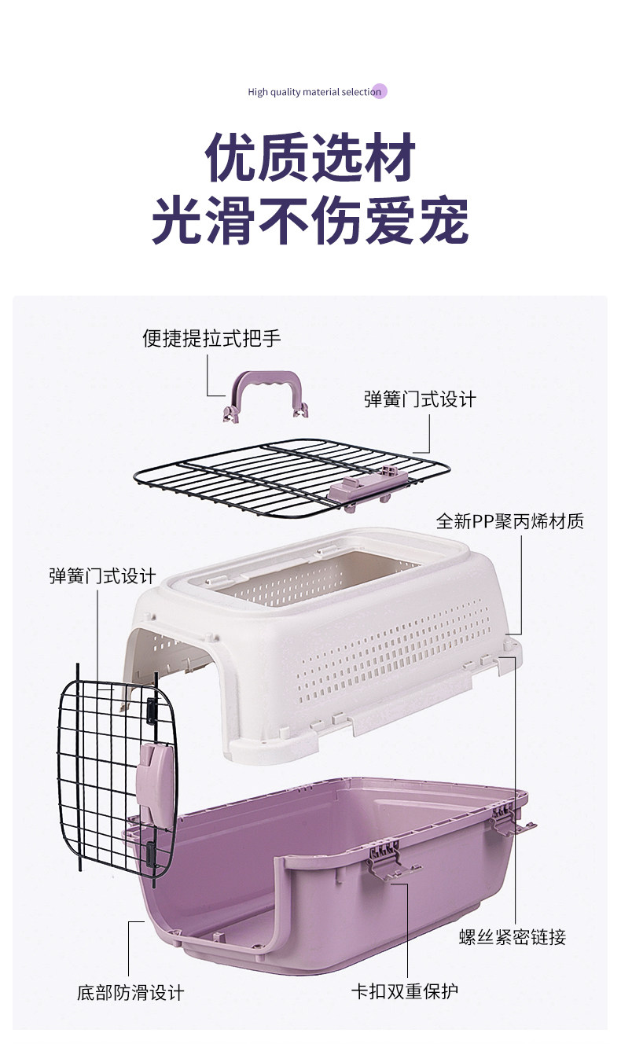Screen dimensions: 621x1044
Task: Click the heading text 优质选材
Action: coord(310,158)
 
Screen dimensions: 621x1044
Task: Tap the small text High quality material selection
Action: coord(314,92)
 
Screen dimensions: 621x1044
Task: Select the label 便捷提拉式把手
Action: coord(211,338)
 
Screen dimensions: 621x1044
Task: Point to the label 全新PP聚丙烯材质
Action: coord(510,521)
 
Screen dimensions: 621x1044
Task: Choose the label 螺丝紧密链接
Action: coord(512,937)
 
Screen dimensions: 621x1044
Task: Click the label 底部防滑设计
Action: coord(130,993)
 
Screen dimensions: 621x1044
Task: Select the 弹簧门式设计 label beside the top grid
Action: coord(420,399)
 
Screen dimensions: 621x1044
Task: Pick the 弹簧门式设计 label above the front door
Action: coord(102,575)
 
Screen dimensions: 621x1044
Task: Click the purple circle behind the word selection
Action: coord(380,91)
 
